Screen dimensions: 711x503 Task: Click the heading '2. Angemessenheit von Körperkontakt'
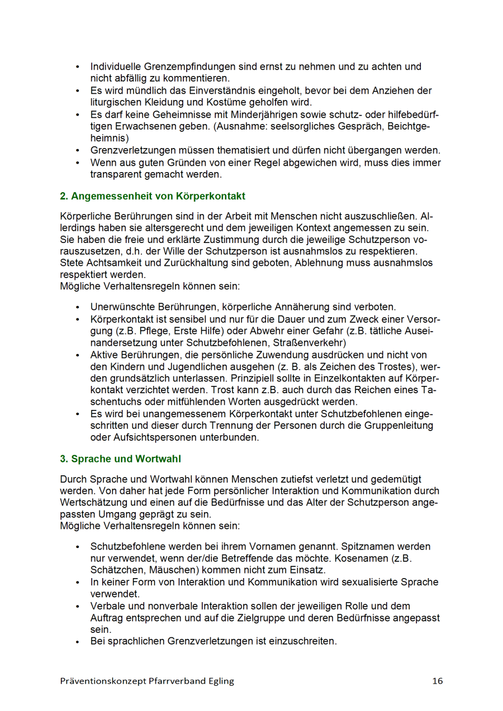[x=153, y=196]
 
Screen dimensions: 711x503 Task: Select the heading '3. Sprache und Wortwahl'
[x=120, y=459]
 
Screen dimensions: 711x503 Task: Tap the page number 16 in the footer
[x=437, y=681]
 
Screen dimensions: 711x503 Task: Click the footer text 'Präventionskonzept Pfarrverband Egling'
[x=147, y=681]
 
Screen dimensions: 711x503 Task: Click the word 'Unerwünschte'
[x=121, y=307]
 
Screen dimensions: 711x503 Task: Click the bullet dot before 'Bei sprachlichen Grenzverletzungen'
[x=78, y=641]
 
